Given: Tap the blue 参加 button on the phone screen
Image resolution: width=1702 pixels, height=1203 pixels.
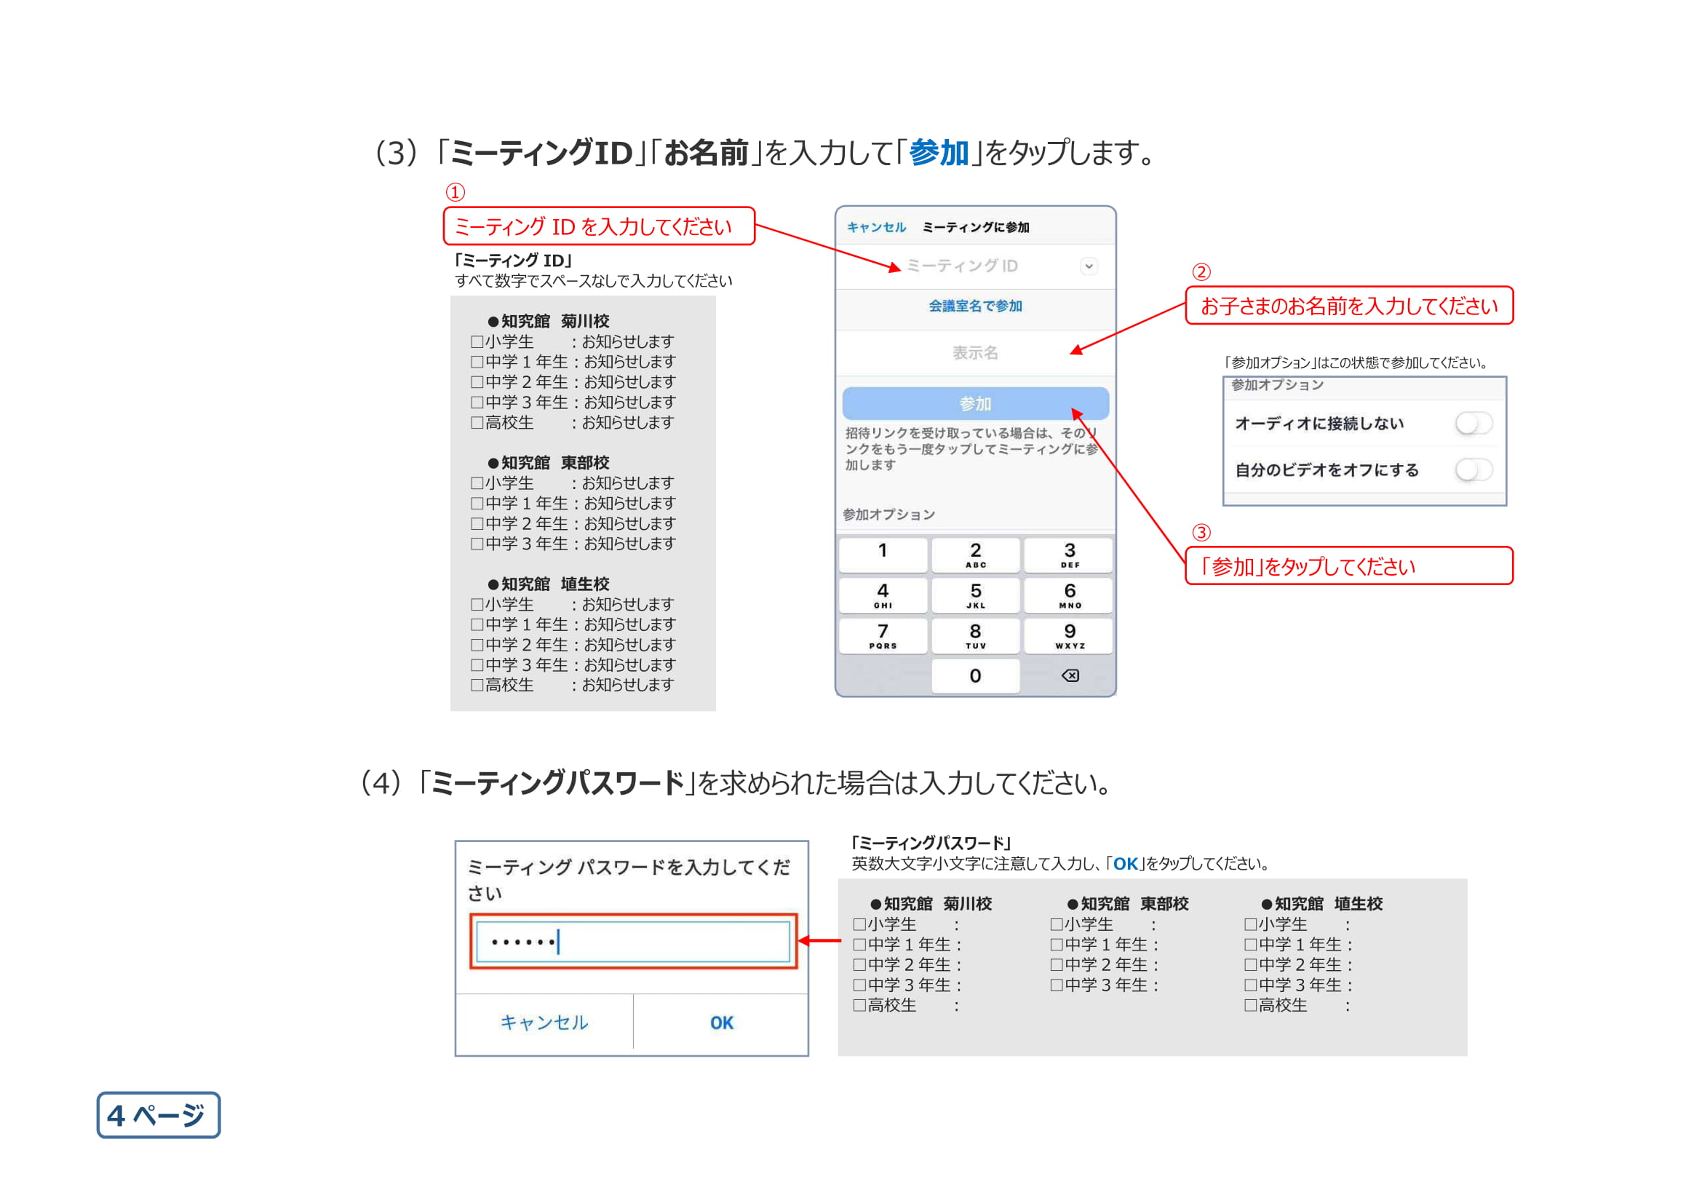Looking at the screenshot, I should click(x=975, y=403).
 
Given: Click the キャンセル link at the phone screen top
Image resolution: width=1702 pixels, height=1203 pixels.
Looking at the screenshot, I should click(x=876, y=227).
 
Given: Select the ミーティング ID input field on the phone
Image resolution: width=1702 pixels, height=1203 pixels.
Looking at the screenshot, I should click(x=962, y=266).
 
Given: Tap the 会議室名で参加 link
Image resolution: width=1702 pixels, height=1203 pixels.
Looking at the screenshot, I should click(x=975, y=306).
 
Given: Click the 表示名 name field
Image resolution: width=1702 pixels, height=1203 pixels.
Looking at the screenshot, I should click(x=975, y=353).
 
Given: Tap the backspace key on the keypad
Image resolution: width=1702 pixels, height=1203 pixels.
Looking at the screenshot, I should click(x=1070, y=675).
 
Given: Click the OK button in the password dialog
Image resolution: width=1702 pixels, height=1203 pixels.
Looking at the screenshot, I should click(x=721, y=1023).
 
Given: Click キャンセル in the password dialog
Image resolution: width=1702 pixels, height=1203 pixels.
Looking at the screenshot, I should click(x=544, y=1023).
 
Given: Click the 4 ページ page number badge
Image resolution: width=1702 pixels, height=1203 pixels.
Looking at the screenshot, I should click(x=158, y=1115).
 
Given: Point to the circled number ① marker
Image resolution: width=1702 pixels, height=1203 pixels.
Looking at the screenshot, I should click(x=455, y=192).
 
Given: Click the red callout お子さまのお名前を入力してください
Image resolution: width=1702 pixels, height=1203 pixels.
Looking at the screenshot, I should click(x=1348, y=306).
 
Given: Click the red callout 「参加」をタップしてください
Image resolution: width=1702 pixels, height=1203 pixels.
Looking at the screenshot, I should click(x=1348, y=566).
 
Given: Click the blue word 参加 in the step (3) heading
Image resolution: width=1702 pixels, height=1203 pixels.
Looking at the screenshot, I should click(x=939, y=153).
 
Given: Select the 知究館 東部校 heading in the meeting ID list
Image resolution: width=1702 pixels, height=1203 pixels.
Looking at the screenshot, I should click(x=549, y=463).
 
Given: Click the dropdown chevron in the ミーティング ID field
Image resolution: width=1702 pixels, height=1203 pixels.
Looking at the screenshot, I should click(x=1088, y=266).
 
